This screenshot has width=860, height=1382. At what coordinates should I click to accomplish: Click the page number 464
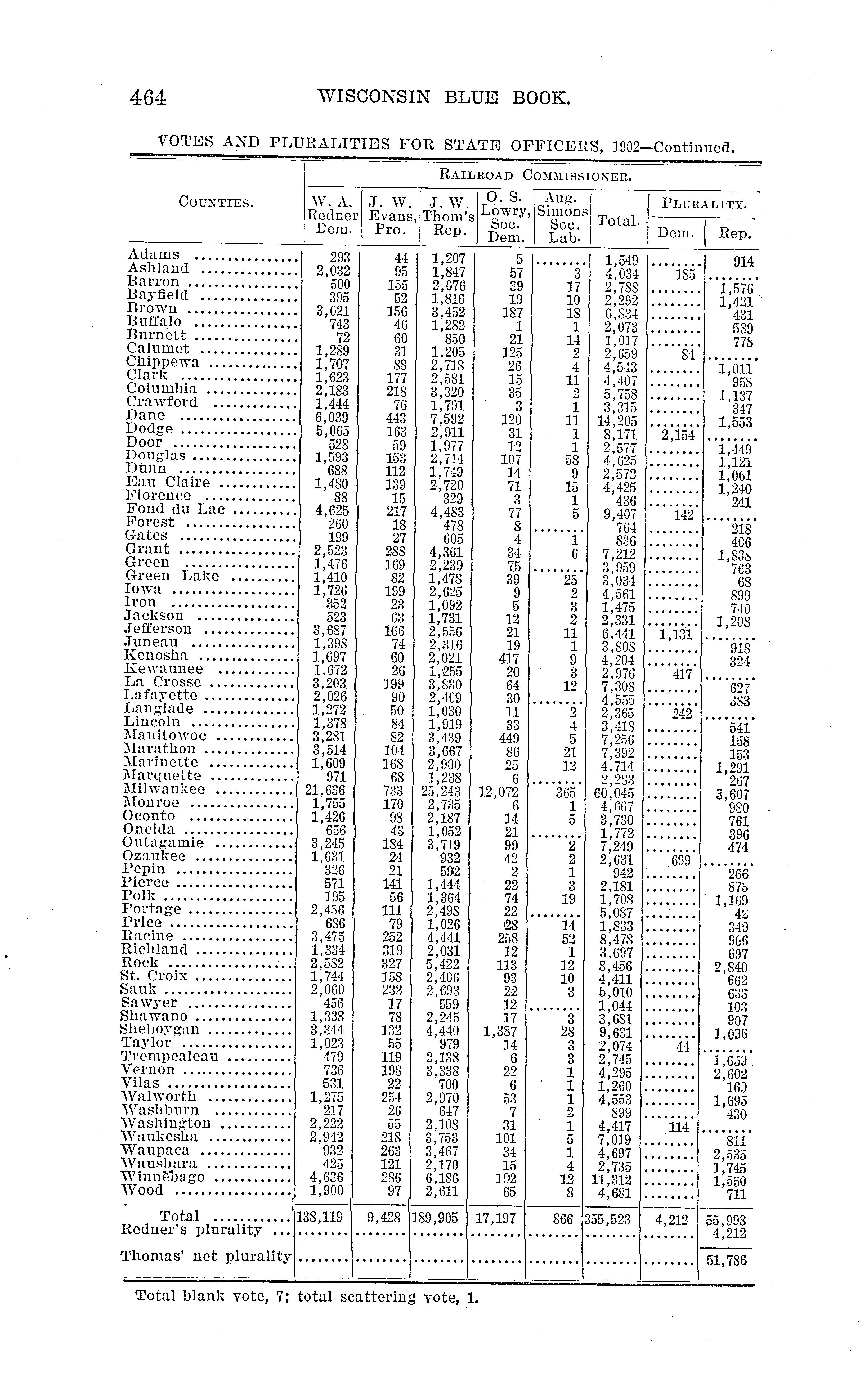(x=148, y=98)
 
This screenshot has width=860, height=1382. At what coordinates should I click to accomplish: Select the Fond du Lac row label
(x=175, y=509)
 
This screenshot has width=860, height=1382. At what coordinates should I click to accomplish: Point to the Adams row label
(x=154, y=255)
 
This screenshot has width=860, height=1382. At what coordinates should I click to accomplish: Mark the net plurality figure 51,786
(x=726, y=1260)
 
